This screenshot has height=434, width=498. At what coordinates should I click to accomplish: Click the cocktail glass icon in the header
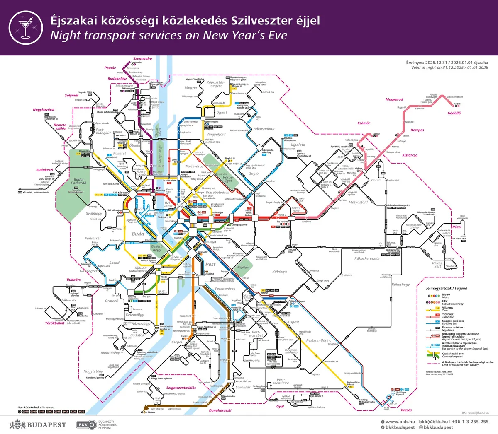25,27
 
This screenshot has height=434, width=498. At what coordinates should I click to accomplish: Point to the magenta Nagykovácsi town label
44,110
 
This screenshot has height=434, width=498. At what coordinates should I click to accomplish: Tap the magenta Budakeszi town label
44,170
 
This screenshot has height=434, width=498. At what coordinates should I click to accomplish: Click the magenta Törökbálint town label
55,323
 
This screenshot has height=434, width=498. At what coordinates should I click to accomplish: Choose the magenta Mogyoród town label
394,99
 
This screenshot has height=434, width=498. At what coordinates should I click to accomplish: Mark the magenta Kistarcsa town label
410,155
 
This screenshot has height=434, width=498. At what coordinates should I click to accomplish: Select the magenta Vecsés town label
406,410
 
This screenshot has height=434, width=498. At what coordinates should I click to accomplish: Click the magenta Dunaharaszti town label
220,410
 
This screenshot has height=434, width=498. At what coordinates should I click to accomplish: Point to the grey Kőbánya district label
280,272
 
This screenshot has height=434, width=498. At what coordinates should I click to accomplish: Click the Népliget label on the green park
243,268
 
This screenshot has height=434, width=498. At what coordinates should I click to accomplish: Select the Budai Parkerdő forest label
78,181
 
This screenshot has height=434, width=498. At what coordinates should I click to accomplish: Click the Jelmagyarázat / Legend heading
447,288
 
